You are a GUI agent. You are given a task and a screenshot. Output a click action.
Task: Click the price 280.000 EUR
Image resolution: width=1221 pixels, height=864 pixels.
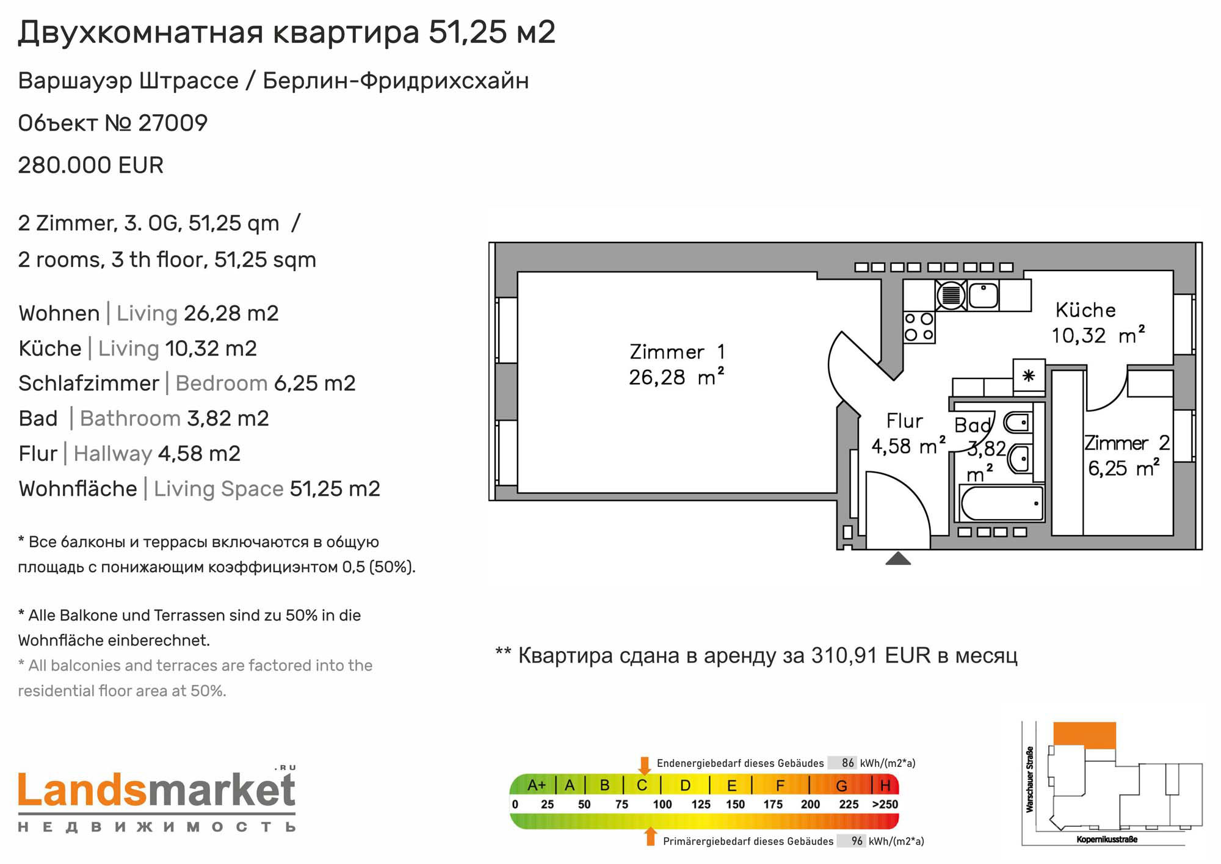click(91, 165)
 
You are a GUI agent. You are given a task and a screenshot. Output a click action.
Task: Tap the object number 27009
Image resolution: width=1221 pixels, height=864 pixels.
click(173, 123)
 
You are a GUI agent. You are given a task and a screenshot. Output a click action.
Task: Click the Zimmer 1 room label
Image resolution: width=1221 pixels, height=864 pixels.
click(676, 352)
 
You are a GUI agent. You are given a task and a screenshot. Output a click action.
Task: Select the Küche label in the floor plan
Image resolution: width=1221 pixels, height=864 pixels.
click(1085, 310)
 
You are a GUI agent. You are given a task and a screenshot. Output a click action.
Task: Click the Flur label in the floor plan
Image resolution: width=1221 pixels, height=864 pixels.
click(904, 421)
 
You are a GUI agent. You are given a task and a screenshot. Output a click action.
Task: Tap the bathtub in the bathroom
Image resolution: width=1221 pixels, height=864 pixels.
click(1002, 503)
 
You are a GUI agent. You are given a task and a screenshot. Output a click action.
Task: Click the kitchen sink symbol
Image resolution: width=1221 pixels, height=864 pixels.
click(983, 296)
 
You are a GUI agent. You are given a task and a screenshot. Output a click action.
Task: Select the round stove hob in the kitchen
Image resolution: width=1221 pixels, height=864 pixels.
click(951, 296)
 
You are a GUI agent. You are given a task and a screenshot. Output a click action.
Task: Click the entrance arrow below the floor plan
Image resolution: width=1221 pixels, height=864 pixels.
click(898, 558)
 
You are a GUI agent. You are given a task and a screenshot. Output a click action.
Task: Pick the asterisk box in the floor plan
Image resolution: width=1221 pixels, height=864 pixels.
click(1029, 375)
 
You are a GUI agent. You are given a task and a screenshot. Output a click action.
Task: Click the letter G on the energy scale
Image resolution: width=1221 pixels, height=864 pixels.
click(841, 786)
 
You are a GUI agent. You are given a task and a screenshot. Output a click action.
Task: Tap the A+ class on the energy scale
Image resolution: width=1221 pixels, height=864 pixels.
click(537, 785)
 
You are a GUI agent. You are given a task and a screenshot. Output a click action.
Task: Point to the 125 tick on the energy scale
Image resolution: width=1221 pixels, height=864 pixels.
click(701, 805)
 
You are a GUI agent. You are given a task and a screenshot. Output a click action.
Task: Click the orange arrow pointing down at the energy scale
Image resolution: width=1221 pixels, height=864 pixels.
click(644, 766)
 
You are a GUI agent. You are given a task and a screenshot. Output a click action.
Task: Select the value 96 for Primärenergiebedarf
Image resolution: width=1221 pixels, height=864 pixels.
click(857, 841)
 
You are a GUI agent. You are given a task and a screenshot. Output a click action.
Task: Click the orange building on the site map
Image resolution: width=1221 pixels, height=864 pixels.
click(1085, 735)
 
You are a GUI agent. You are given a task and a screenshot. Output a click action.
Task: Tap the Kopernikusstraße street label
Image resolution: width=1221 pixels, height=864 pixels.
click(1107, 840)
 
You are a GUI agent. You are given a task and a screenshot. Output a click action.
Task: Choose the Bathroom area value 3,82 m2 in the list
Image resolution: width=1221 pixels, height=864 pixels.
click(228, 419)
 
